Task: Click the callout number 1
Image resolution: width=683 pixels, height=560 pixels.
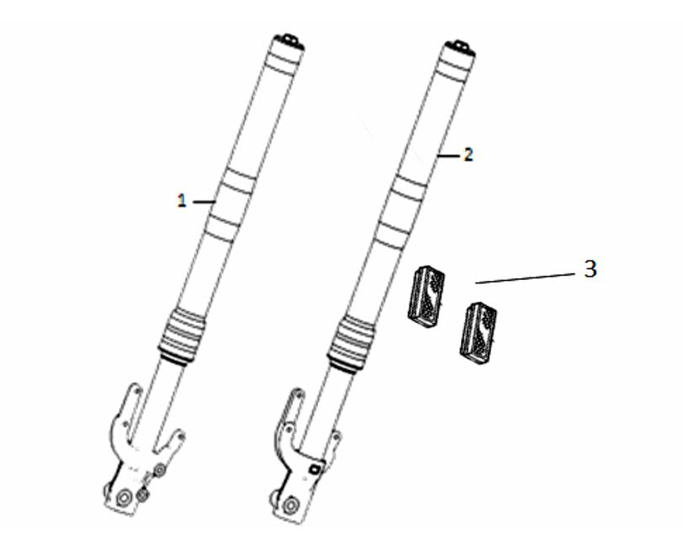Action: (x=182, y=201)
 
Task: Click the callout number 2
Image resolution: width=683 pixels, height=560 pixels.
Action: (x=469, y=155)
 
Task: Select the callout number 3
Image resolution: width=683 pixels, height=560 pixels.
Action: (x=590, y=269)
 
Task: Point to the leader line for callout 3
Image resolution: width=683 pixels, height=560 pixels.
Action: (x=525, y=278)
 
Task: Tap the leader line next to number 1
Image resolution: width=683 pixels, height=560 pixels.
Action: (x=204, y=202)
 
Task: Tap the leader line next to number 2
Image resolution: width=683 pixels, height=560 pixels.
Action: (x=449, y=156)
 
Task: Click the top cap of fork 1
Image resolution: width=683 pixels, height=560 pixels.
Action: (x=289, y=43)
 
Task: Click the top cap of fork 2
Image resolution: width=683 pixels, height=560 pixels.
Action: (x=460, y=48)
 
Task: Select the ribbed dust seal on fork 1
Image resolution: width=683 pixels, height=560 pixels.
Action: (x=182, y=335)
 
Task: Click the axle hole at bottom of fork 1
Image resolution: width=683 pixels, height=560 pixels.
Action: (x=124, y=497)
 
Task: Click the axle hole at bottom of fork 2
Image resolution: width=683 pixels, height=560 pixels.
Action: (x=289, y=506)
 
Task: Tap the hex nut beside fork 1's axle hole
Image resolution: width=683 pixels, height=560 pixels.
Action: (x=143, y=494)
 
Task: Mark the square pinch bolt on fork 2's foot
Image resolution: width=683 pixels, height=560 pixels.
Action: (x=315, y=469)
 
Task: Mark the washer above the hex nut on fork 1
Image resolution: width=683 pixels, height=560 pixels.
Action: (x=160, y=469)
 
